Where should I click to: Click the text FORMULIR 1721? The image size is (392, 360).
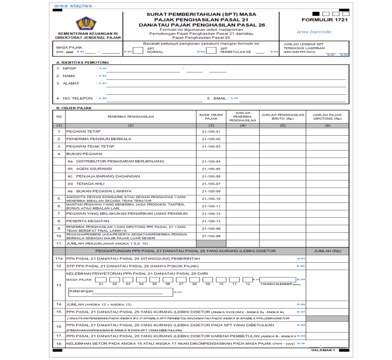[x=319, y=20]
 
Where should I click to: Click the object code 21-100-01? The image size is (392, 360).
[x=211, y=131]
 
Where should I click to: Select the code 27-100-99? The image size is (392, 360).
[x=211, y=236]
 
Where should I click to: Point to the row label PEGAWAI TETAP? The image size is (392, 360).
[x=83, y=131]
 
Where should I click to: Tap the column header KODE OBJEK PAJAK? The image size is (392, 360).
[x=211, y=117]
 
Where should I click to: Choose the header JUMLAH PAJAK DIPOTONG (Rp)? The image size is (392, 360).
[x=327, y=117]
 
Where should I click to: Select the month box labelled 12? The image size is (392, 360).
[x=248, y=279]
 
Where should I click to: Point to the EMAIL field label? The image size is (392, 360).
[x=220, y=98]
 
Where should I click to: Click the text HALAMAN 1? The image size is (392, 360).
[x=323, y=350]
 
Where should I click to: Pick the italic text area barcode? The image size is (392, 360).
[x=314, y=32]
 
